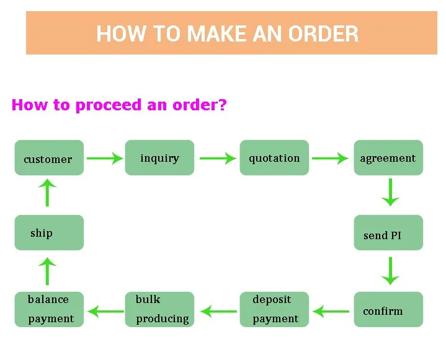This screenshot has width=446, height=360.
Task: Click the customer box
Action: [49, 158]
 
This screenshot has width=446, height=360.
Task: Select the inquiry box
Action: [159, 158]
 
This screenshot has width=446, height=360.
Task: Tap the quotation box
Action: [274, 158]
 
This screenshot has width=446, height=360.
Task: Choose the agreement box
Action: [388, 158]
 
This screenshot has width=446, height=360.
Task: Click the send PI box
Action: [388, 233]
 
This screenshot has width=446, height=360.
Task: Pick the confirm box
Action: [388, 309]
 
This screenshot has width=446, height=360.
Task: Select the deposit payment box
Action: [274, 309]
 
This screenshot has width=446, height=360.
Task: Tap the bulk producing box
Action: [159, 309]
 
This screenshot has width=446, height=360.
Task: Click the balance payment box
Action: [49, 309]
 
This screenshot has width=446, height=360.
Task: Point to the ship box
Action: [49, 233]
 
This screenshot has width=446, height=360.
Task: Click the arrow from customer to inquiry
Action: [105, 158]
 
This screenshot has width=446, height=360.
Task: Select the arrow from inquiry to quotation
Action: [218, 158]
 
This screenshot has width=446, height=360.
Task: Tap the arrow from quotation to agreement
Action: [330, 158]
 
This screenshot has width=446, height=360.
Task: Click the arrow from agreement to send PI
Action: [391, 192]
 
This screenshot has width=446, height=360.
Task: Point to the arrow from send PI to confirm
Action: [391, 271]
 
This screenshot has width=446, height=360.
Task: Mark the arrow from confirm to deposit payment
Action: [331, 312]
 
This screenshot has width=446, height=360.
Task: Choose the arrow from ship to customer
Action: [47, 193]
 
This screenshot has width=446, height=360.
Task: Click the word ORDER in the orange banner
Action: [323, 34]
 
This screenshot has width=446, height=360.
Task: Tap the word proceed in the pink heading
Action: [109, 105]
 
